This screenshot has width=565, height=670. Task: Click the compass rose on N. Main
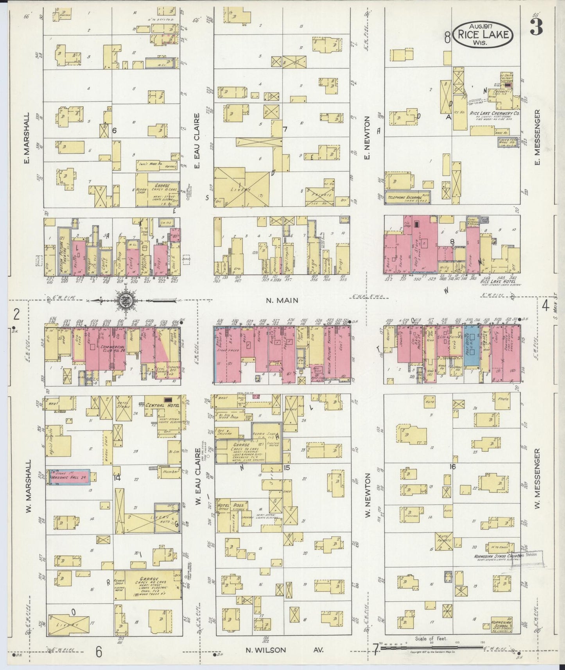point(127,300)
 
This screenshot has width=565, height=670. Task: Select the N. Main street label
point(282,300)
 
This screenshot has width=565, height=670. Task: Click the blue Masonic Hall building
point(68,477)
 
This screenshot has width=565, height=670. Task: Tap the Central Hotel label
point(162,405)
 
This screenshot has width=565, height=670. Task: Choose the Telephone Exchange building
point(407,198)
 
